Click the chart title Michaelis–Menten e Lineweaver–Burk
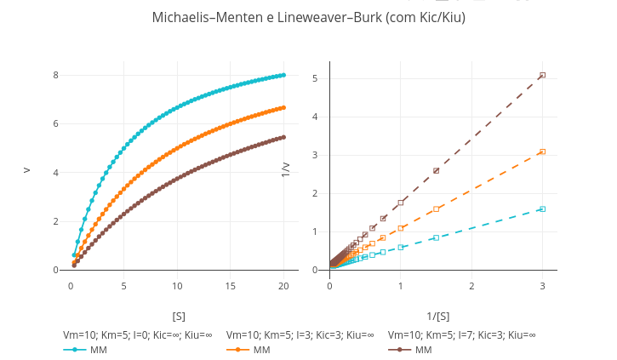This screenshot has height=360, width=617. pos(308,17)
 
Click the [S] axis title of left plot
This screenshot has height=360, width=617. pos(179,316)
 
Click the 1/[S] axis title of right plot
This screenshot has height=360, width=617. pos(437,316)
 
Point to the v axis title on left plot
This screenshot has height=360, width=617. pos(26,170)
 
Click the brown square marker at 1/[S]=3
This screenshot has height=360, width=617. pos(542,75)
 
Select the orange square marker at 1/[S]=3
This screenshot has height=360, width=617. pos(542,151)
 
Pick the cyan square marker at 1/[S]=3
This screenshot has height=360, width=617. pos(542,209)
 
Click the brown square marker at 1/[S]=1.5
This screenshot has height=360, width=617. pos(436,170)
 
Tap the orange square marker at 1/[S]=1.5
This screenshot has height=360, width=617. pos(436,209)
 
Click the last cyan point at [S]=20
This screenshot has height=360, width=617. pos(283,75)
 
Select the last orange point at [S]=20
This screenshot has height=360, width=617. pos(283,107)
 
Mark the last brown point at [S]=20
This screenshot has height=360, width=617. pos(283,137)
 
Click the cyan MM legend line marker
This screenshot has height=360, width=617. pos(75,350)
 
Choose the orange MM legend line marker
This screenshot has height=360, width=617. pos(238,350)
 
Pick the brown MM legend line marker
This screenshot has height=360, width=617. pos(400,350)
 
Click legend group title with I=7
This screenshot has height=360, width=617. pos(461,334)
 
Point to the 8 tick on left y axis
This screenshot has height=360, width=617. pos(55,75)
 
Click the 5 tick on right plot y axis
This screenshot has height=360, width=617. pos(315,78)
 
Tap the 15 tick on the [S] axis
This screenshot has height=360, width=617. pos(231,286)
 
